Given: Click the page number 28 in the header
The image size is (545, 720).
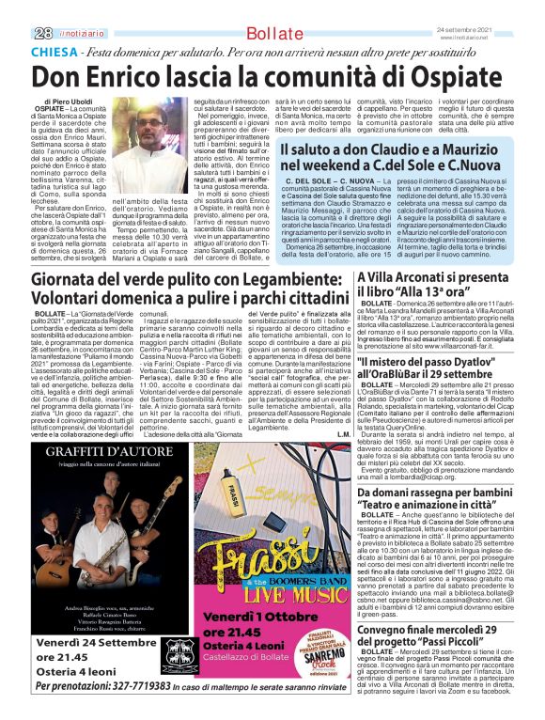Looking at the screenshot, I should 42,32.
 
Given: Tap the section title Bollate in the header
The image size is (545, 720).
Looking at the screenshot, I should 272,35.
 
